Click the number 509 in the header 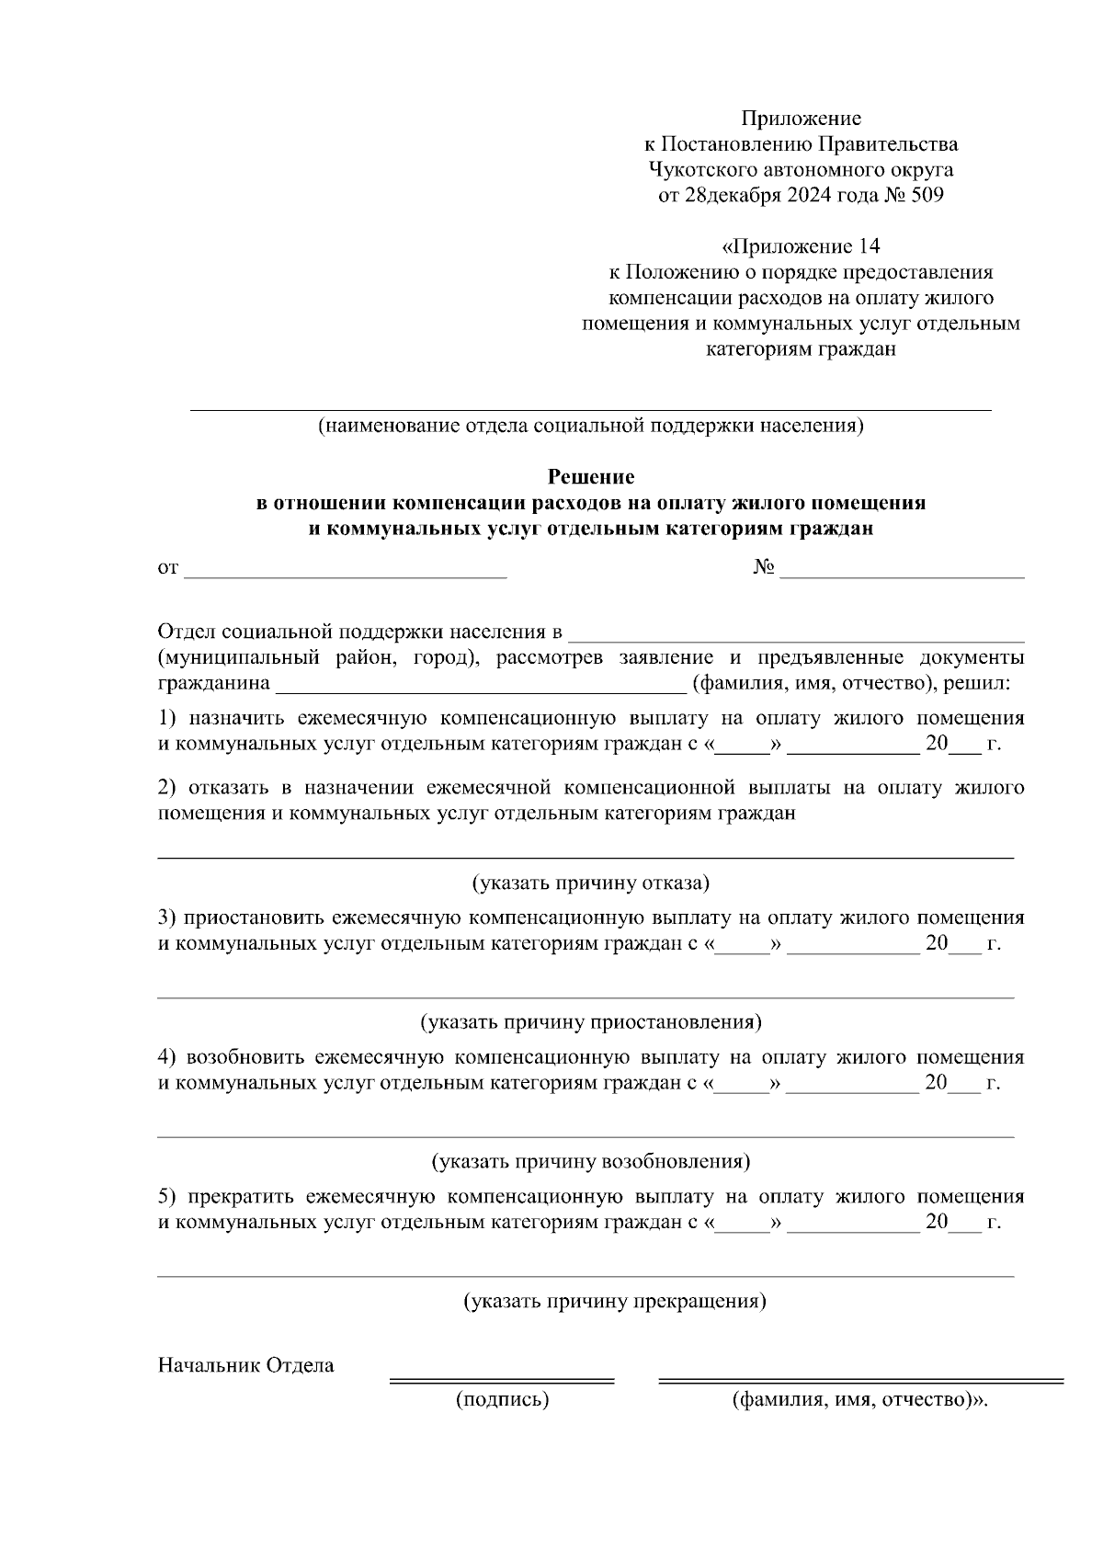[x=925, y=195]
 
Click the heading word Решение [x=591, y=476]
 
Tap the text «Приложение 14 [x=802, y=246]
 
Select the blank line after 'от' [x=346, y=574]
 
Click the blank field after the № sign [x=903, y=574]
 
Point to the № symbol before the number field [x=765, y=567]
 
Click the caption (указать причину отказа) [x=591, y=883]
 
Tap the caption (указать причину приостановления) [x=591, y=1022]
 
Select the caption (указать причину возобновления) [x=591, y=1161]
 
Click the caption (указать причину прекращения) [x=614, y=1301]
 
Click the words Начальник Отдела [x=246, y=1365]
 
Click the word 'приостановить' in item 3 [x=251, y=917]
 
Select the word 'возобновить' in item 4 [x=246, y=1057]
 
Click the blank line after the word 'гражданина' [x=480, y=686]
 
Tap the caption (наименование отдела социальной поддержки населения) [x=591, y=426]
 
